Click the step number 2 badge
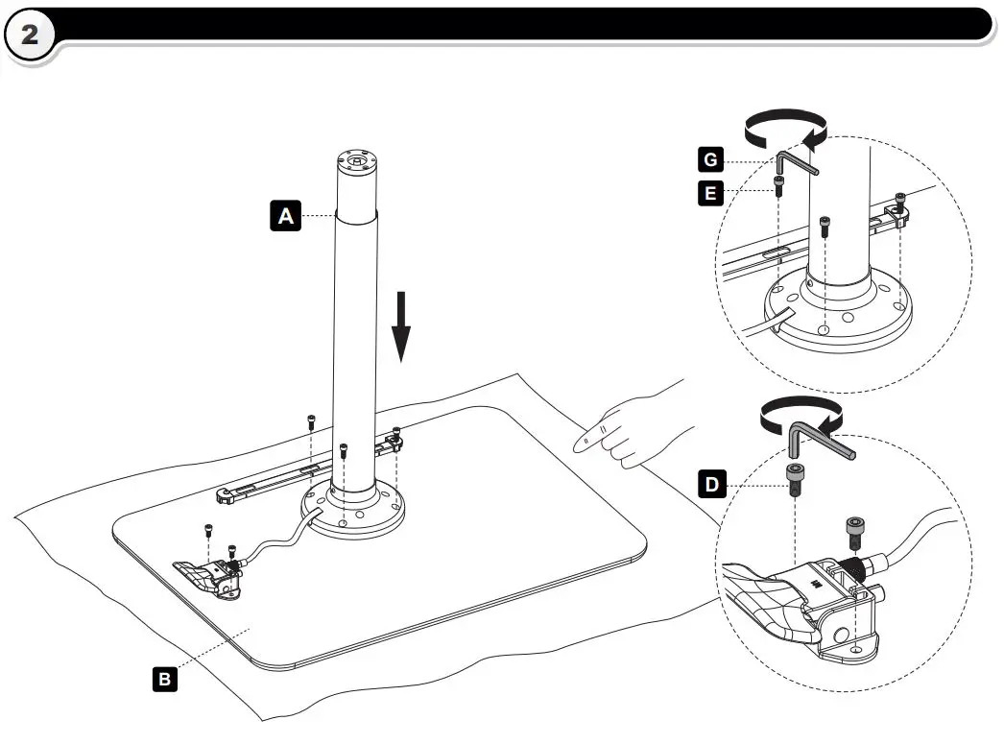pos(30,35)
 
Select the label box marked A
pos(286,215)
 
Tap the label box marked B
pos(164,679)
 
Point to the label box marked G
pos(710,159)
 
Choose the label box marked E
pos(710,193)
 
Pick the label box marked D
pos(712,485)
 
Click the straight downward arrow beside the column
pos(401,326)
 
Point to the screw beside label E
pos(778,186)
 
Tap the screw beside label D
pos(795,480)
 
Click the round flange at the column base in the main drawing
pos(353,513)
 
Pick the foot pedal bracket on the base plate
pos(208,578)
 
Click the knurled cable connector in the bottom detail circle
pos(853,566)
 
